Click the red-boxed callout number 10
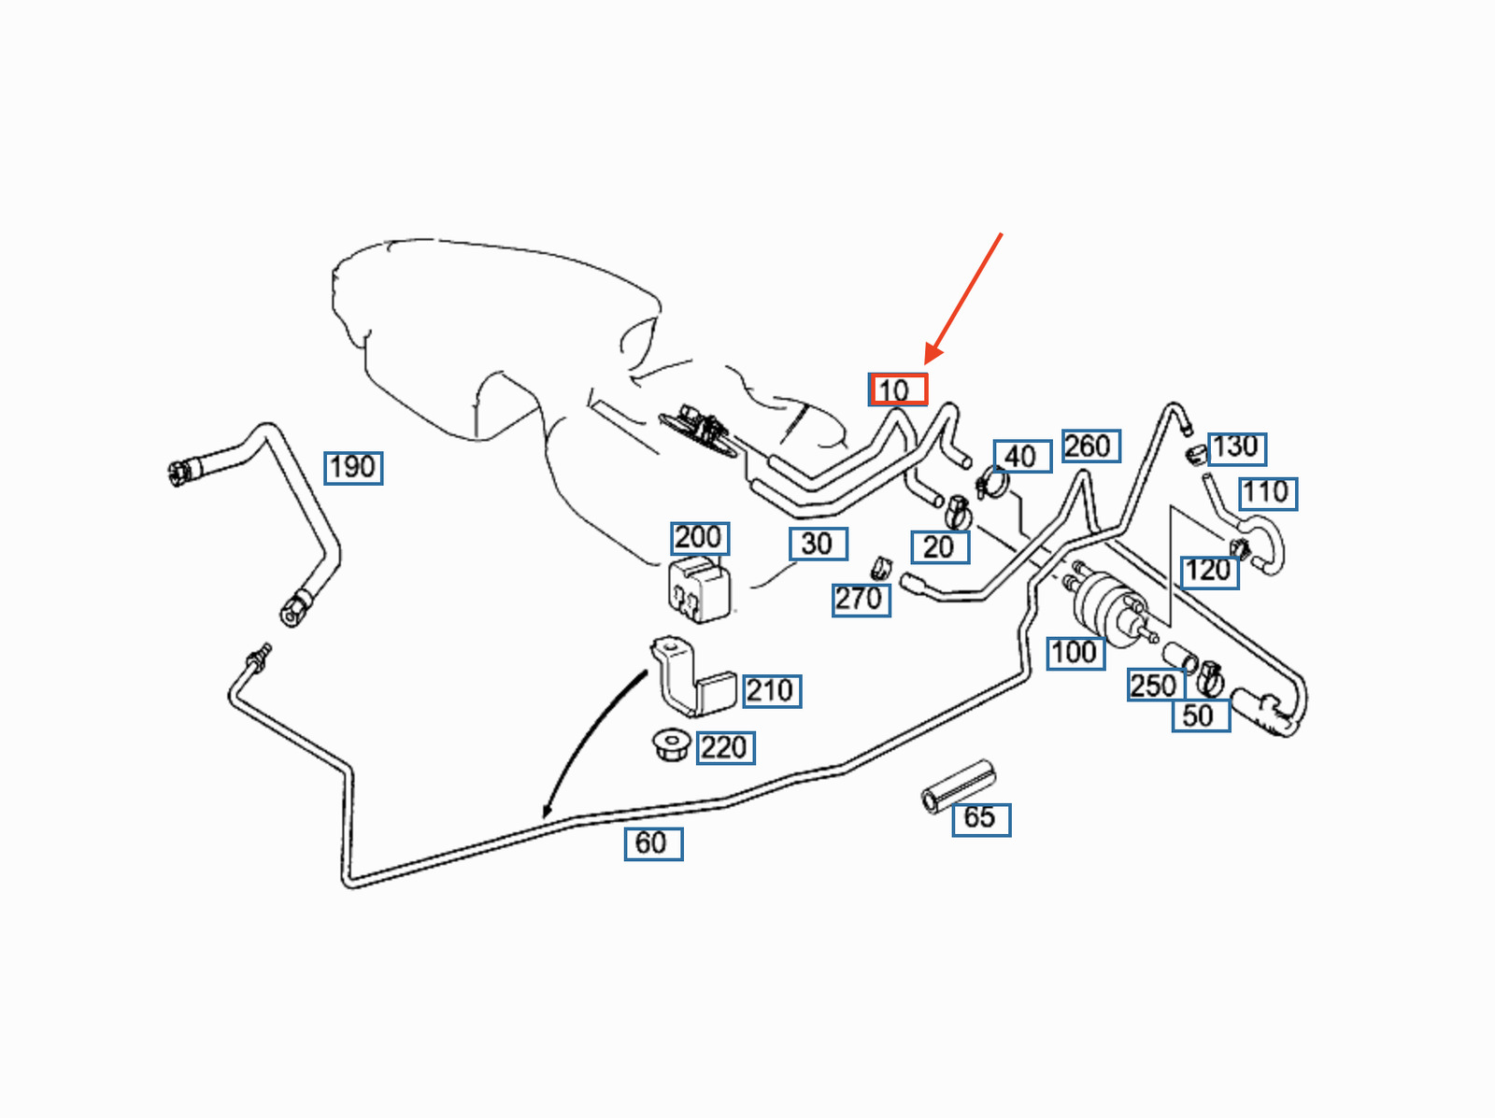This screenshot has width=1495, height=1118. pos(898,389)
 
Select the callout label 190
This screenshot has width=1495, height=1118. pos(353,467)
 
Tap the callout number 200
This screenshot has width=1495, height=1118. pos(700,538)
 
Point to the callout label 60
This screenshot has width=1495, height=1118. pos(653,843)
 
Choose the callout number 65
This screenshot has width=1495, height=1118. pos(980,818)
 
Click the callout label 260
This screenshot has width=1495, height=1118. pos(1090,446)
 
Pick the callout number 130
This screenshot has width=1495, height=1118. pos(1237,447)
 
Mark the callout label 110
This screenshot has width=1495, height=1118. pos(1267,492)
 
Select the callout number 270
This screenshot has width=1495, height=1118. pos(861,599)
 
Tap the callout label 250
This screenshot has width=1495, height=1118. pos(1155,686)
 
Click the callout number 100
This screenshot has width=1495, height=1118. pos(1075,652)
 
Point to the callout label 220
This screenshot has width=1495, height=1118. pos(725,748)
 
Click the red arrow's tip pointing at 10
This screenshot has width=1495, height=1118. pos(927,363)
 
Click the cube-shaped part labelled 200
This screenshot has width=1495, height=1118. pos(699,589)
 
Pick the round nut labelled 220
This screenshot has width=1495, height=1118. pos(670,745)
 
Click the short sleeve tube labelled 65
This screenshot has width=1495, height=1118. pos(958,786)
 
